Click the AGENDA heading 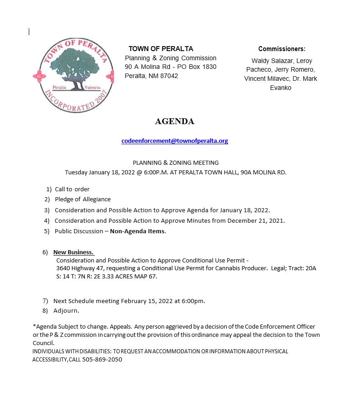tap(175, 121)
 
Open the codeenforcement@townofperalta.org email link tap(175, 141)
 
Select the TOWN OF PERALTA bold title tap(161, 49)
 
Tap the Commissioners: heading tap(282, 49)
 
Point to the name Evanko tap(281, 88)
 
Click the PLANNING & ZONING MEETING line tap(176, 162)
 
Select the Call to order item tap(72, 189)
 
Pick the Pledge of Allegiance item tap(83, 199)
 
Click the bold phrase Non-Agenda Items tap(138, 231)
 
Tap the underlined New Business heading tap(73, 252)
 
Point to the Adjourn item tap(66, 311)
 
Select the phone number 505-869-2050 tap(102, 360)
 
